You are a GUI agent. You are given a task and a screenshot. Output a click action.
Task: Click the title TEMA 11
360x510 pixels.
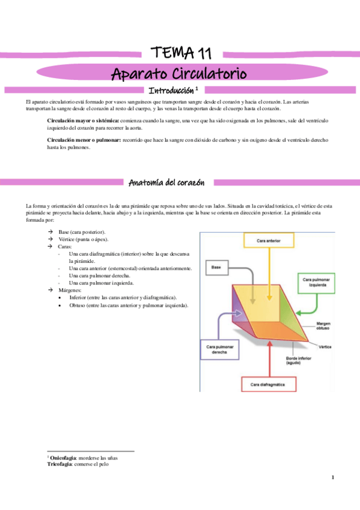180,52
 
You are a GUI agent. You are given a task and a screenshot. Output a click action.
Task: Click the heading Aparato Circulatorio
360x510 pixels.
179,74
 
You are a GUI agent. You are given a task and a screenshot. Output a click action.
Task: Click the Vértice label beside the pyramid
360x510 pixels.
326,347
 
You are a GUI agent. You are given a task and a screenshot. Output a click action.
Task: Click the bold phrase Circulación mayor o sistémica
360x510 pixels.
84,121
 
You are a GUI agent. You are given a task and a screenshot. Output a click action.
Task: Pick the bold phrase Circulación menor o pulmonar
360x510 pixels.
84,140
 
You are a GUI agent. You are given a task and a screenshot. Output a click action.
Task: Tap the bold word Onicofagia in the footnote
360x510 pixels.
62,458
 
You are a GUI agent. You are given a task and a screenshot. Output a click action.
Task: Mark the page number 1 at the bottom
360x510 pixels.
332,478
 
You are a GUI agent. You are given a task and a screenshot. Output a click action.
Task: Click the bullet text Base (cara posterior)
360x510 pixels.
82,232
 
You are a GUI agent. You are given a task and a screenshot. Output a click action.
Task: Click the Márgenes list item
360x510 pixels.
71,290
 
